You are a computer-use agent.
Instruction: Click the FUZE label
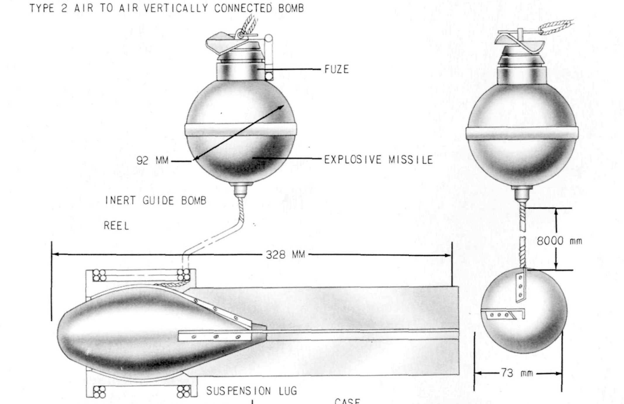(337, 69)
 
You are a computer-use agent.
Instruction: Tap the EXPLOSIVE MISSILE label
(378, 159)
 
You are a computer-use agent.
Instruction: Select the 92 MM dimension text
(152, 160)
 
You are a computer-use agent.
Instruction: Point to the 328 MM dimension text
(285, 255)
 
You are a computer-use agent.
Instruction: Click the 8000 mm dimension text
(559, 241)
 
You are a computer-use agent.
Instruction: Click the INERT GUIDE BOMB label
(156, 200)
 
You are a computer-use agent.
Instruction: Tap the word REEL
(116, 226)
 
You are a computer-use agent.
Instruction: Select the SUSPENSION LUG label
(252, 391)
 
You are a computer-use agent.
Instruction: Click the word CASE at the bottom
(347, 401)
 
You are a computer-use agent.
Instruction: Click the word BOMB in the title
(291, 8)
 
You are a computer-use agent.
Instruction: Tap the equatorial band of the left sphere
(241, 129)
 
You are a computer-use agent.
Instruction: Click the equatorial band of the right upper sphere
(522, 133)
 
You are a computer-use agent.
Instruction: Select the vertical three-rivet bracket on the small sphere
(520, 286)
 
